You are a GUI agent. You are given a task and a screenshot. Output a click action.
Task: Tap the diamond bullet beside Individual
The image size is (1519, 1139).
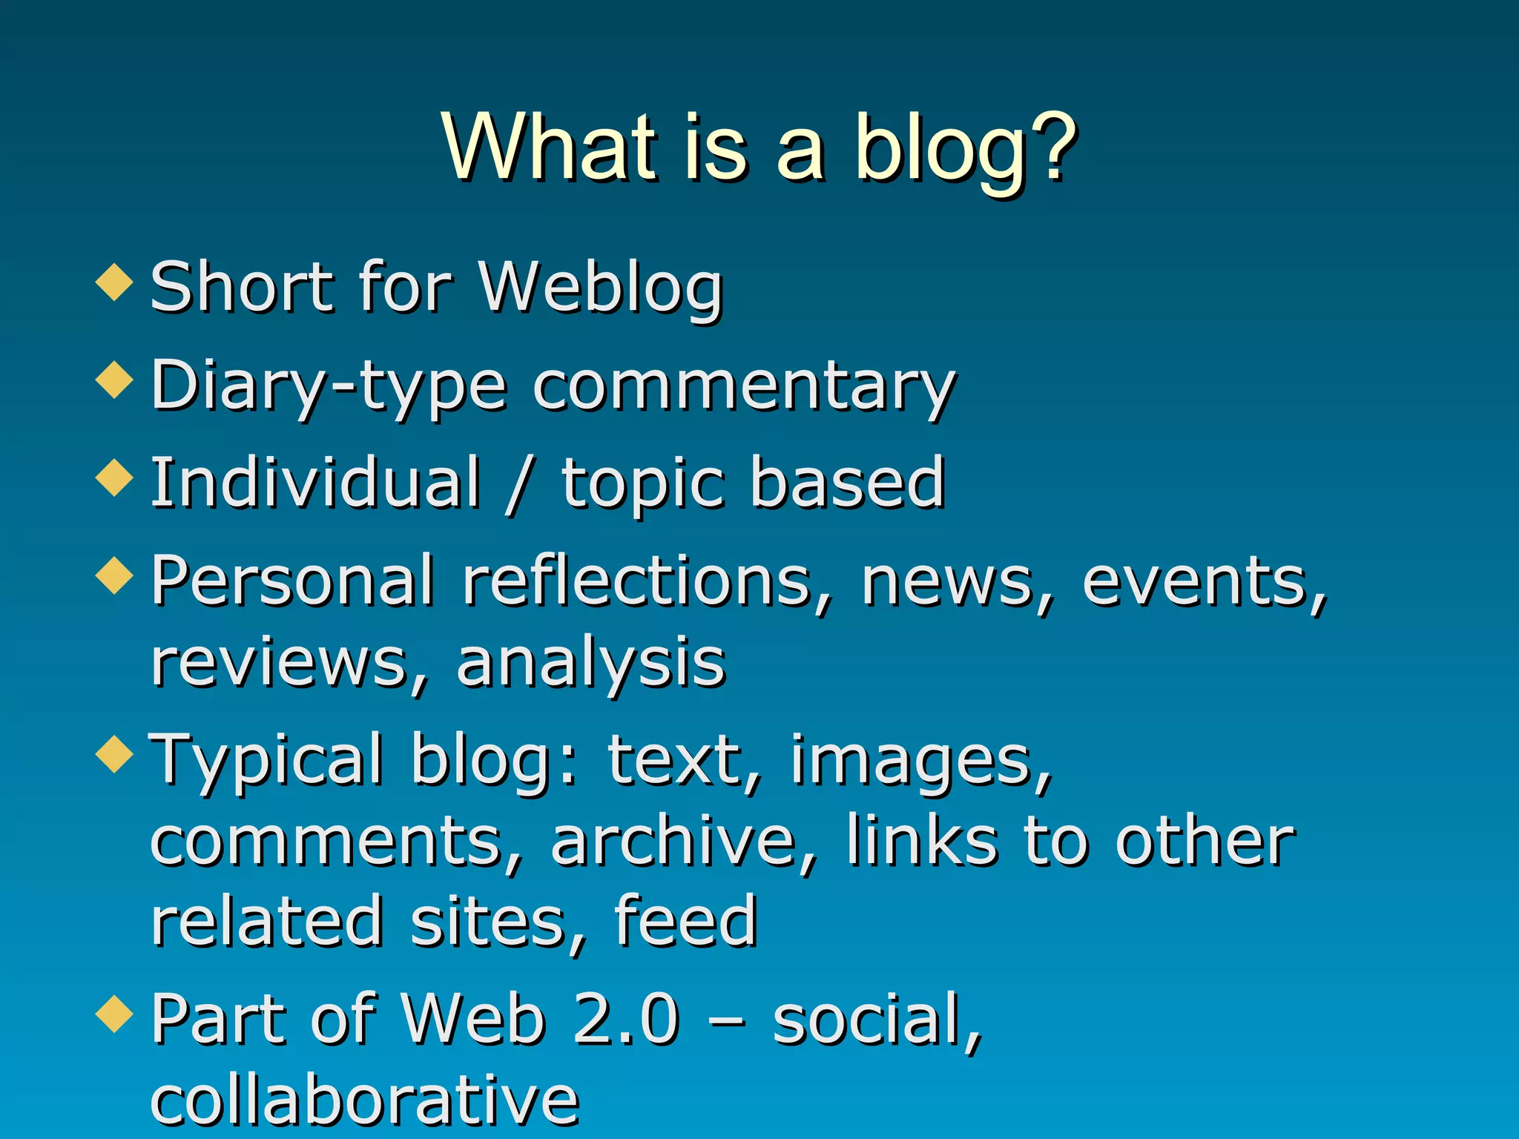(114, 478)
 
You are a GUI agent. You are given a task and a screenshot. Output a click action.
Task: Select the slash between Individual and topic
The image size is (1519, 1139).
(518, 486)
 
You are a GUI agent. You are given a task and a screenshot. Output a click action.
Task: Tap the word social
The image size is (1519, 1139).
(875, 1019)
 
